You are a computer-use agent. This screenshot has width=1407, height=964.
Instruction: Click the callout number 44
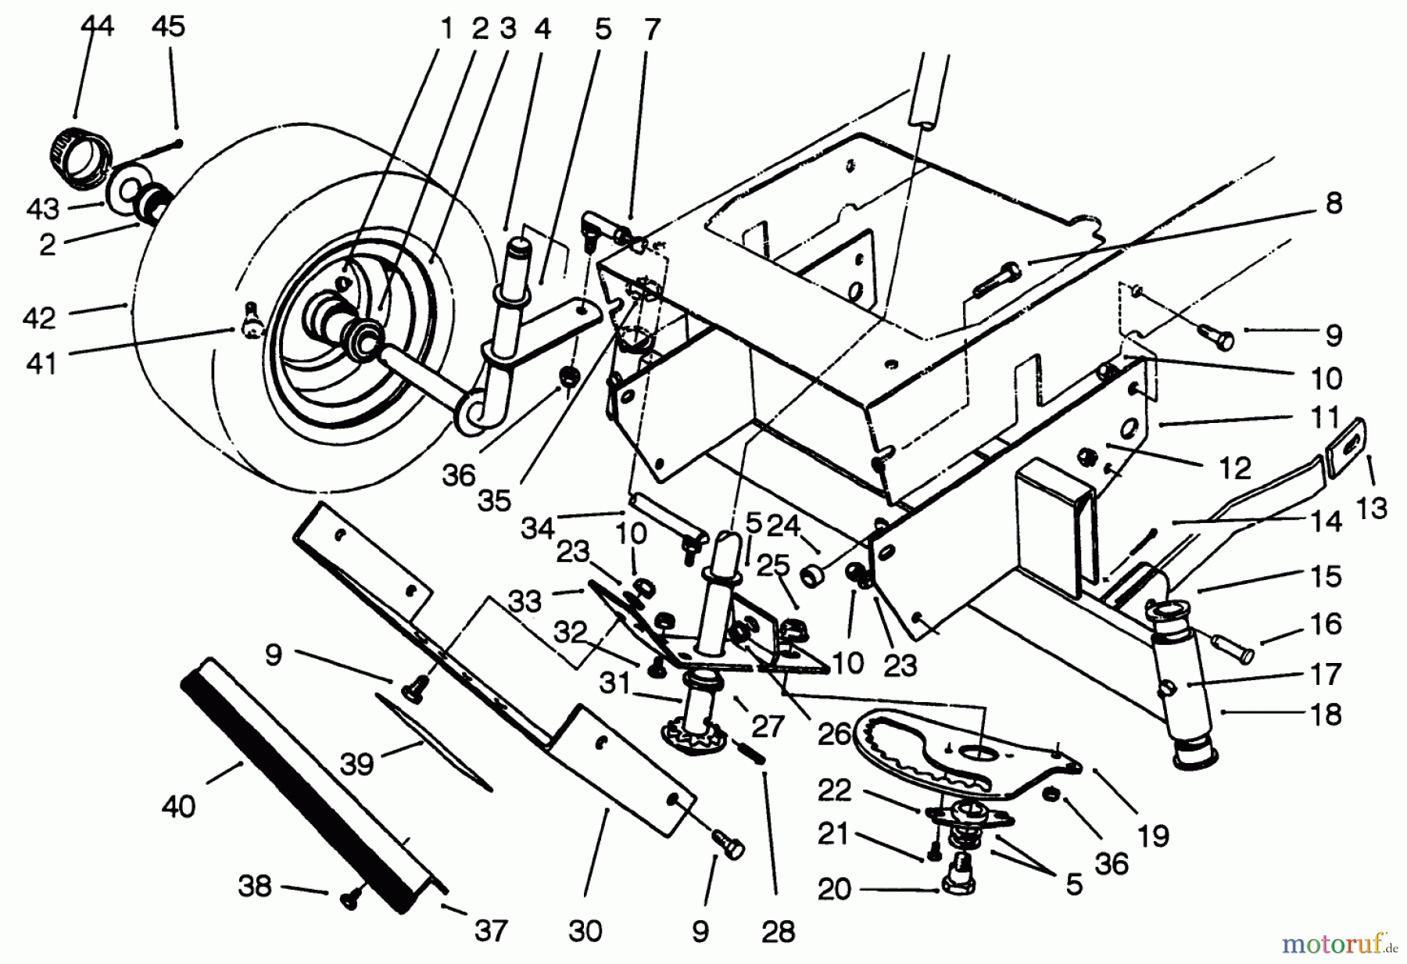pyautogui.click(x=98, y=26)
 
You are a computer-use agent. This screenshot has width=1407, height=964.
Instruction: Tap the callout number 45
pyautogui.click(x=168, y=26)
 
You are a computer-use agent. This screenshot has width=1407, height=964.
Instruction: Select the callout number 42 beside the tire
pyautogui.click(x=40, y=318)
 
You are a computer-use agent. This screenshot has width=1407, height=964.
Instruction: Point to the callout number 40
pyautogui.click(x=178, y=805)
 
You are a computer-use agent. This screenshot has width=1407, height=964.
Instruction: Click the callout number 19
pyautogui.click(x=1153, y=835)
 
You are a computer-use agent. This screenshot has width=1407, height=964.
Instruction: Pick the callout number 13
pyautogui.click(x=1371, y=508)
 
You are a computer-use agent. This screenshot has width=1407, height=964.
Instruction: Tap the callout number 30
pyautogui.click(x=585, y=930)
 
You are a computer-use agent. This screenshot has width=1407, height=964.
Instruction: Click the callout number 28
pyautogui.click(x=778, y=931)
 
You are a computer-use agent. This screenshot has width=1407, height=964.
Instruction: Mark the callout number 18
pyautogui.click(x=1326, y=714)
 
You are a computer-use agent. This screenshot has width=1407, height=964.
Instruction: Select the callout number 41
pyautogui.click(x=41, y=364)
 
